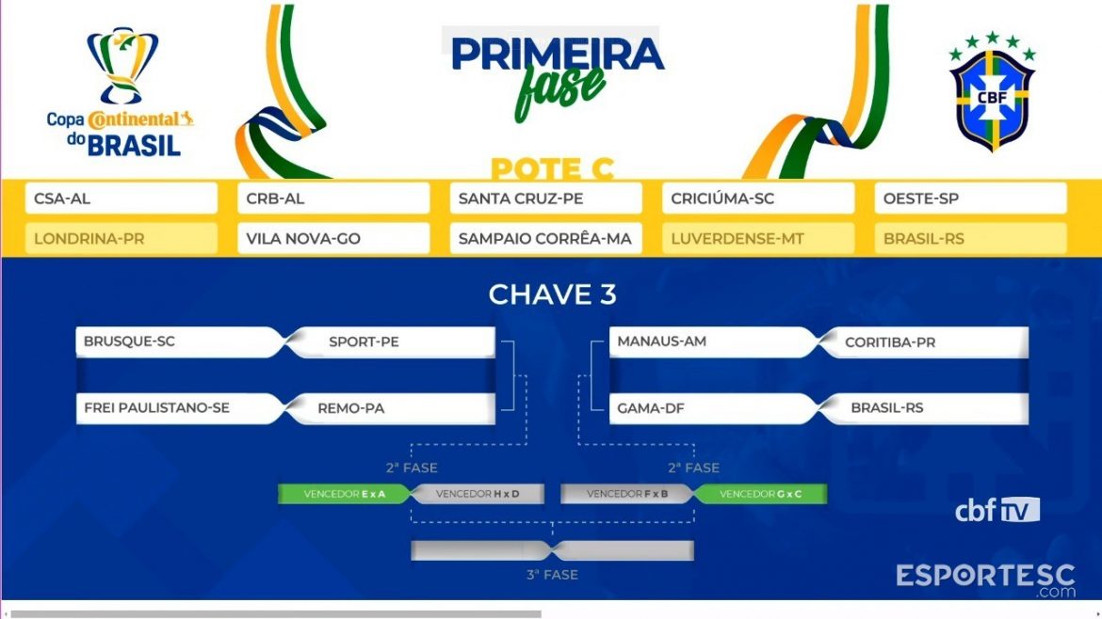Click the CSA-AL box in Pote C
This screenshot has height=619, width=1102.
[x=121, y=198]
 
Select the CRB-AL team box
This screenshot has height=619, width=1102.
[x=333, y=198]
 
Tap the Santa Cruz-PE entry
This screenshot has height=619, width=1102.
[x=545, y=198]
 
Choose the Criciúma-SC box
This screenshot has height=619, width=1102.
[x=757, y=198]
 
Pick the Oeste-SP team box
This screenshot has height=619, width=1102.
[x=970, y=198]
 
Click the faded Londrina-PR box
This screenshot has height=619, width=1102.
[x=121, y=239]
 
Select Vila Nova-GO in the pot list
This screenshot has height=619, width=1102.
[x=333, y=239]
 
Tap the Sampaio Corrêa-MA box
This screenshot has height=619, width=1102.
[x=545, y=239]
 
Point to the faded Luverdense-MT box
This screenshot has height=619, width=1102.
[x=757, y=239]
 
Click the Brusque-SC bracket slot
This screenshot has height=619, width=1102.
[x=179, y=341]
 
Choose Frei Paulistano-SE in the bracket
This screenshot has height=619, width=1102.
[x=179, y=408]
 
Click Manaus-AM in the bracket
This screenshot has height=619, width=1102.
[x=713, y=341]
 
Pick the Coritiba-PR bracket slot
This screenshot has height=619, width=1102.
[x=925, y=341]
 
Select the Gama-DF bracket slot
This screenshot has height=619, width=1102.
[x=713, y=408]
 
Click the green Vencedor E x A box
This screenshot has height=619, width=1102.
[x=345, y=494]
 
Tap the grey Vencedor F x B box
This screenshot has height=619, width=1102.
[x=627, y=494]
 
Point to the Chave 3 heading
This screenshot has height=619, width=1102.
[x=552, y=294]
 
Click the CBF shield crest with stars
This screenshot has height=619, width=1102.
[x=992, y=91]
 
